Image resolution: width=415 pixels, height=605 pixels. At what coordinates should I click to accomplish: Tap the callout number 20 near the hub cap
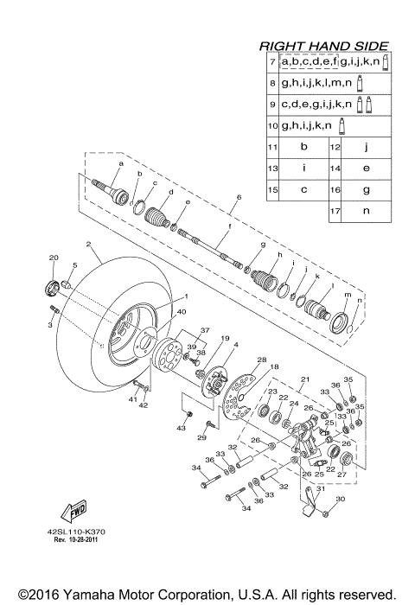(53, 258)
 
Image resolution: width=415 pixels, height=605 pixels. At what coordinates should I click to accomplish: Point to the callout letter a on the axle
(121, 162)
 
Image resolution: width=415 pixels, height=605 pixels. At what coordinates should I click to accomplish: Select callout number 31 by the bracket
(318, 489)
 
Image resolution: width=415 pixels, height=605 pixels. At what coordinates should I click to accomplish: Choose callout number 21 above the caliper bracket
(304, 379)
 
